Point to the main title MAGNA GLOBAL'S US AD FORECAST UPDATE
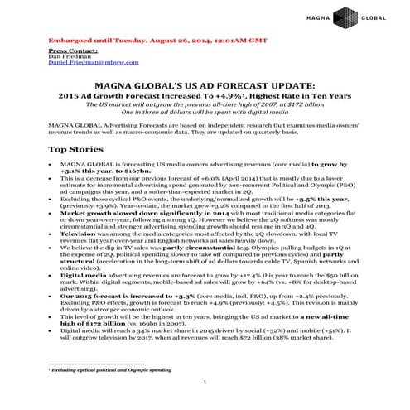[x=205, y=86]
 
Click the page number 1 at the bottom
[x=205, y=382]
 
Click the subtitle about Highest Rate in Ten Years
[x=205, y=96]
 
